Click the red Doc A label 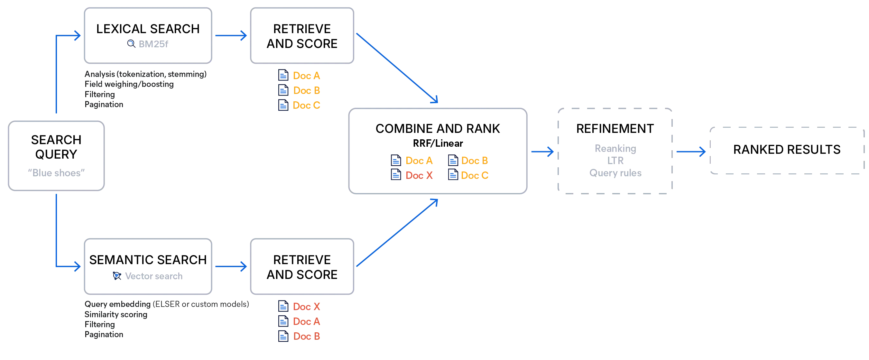pos(307,321)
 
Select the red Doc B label pos(307,336)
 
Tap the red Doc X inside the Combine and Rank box pos(419,175)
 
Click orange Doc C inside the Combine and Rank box pos(474,175)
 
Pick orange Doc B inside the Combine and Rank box pos(474,160)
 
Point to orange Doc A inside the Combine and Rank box pos(419,160)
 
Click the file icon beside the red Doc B pos(284,336)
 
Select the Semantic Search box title pos(148,260)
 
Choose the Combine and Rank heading pos(438,129)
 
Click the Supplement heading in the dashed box pos(615,129)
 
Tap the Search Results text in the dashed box pos(787,149)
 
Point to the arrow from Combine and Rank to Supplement pos(542,152)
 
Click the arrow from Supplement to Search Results pos(690,152)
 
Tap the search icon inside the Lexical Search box pos(131,43)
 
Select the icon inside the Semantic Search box pos(117,276)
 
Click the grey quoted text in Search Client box pos(56,172)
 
